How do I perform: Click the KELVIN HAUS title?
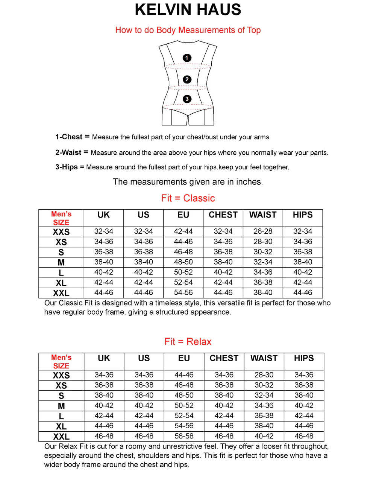click(x=188, y=10)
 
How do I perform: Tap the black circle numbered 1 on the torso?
click(x=187, y=58)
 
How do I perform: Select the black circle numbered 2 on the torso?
click(x=187, y=79)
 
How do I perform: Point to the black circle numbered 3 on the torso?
click(x=187, y=99)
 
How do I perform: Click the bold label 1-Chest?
click(x=69, y=137)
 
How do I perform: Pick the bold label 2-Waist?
click(x=68, y=152)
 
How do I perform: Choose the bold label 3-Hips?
click(x=67, y=167)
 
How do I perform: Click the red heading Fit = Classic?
click(x=188, y=198)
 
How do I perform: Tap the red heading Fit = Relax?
click(x=188, y=342)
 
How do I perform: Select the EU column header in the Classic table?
click(x=183, y=215)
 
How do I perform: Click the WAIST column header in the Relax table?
click(x=264, y=358)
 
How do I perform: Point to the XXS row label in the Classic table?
click(x=61, y=232)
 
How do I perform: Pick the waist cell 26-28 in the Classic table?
click(x=263, y=231)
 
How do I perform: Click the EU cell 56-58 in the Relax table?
click(x=184, y=436)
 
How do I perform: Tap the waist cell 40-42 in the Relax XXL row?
click(x=264, y=436)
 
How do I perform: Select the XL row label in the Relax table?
click(x=61, y=426)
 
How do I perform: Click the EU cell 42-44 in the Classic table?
click(x=183, y=231)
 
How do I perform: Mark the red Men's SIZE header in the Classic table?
click(x=61, y=218)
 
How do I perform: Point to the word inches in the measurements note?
click(x=249, y=182)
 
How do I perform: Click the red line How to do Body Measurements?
click(x=188, y=30)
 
